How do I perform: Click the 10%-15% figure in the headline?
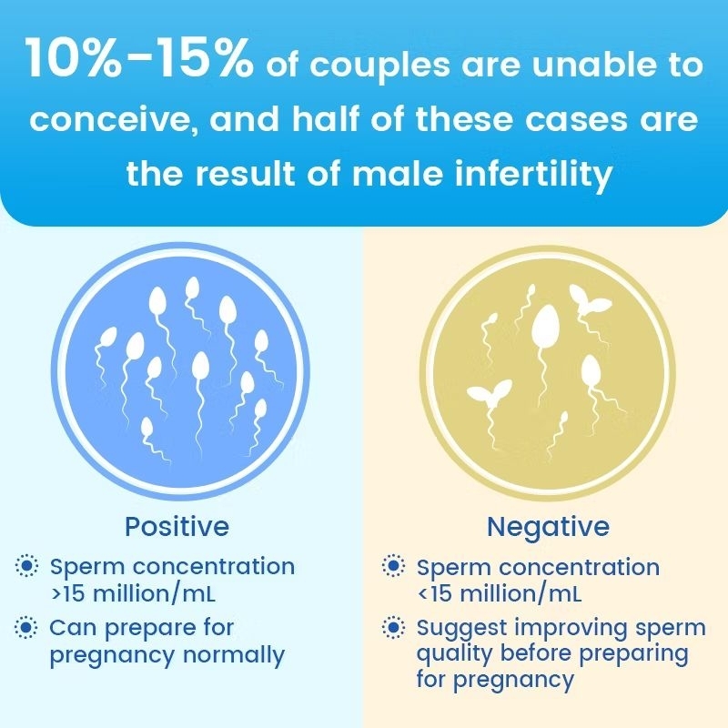pos(140,60)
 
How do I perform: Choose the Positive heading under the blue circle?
pos(177,527)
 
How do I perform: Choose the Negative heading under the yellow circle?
pos(548,527)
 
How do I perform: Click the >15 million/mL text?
pos(133,594)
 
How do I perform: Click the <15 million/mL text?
pos(500,594)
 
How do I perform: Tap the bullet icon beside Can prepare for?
pos(26,628)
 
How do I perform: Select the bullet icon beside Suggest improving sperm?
pos(393,628)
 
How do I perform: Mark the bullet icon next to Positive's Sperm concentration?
pos(26,566)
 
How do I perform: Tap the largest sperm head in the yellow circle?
pos(545,328)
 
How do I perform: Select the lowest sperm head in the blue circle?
pos(147,427)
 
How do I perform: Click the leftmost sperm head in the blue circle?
pos(107,338)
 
